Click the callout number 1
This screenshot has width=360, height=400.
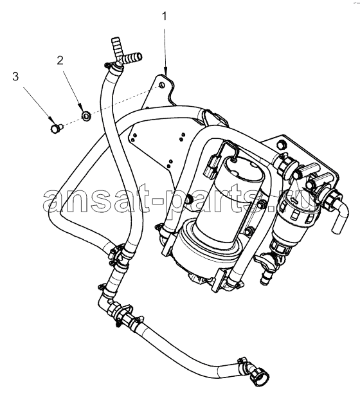click(165, 16)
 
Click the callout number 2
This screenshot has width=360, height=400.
click(60, 60)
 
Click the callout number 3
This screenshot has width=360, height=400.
click(15, 77)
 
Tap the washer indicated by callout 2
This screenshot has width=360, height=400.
click(86, 116)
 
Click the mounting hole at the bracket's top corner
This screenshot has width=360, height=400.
click(161, 85)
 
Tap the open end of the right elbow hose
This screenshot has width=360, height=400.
click(336, 229)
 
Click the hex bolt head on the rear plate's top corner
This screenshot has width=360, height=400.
click(281, 145)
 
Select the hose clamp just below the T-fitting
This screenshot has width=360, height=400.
click(113, 67)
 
